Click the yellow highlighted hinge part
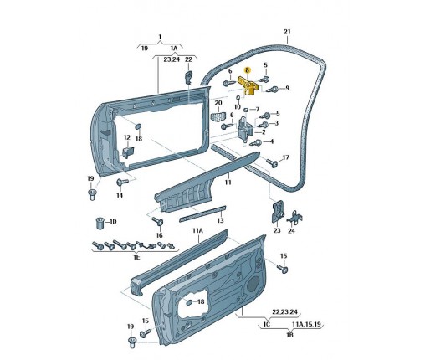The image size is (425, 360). point(248,86)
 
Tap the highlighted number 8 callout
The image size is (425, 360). point(247,70)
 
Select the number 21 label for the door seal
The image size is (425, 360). point(287,32)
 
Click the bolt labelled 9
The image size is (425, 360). point(272,90)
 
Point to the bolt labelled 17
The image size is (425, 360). point(272,162)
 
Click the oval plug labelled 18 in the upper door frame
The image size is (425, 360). point(138,126)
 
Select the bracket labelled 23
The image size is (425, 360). point(277,212)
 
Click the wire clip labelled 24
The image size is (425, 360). point(293,218)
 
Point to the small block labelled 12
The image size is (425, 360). point(128,152)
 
